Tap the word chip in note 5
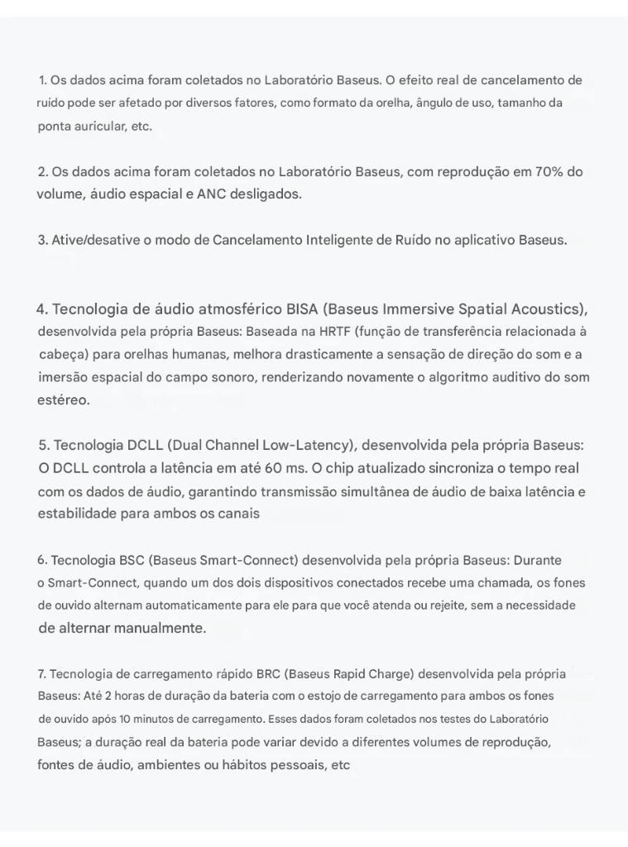click(357, 467)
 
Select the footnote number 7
click(41, 674)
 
